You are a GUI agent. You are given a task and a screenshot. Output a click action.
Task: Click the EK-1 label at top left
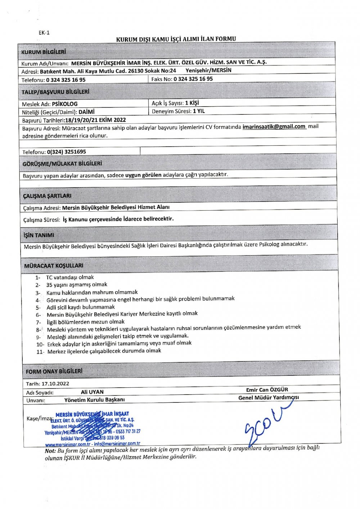click(44, 32)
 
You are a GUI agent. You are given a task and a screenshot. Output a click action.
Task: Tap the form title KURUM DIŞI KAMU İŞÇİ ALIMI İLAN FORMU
click(176, 39)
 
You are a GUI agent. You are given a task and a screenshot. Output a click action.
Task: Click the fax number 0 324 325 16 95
click(193, 79)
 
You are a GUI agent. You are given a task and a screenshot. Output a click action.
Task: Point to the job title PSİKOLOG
click(65, 104)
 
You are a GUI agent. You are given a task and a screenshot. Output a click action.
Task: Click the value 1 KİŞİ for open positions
click(192, 103)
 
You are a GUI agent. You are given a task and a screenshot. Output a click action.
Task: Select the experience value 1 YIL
click(199, 111)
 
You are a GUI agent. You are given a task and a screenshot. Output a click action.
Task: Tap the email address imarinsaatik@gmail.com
click(274, 127)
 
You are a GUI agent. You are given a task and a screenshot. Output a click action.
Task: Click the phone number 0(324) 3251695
click(67, 152)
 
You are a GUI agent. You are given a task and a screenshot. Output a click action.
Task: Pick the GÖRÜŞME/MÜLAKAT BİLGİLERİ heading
click(62, 164)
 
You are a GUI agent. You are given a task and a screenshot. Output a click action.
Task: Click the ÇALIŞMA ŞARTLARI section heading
click(47, 196)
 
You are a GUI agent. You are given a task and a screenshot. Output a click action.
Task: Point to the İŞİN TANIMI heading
click(39, 235)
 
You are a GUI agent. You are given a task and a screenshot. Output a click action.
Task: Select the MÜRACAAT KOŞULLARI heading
click(54, 266)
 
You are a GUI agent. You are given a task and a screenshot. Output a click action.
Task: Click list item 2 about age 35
click(77, 285)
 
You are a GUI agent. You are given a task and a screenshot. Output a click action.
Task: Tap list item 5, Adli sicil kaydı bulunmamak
click(81, 307)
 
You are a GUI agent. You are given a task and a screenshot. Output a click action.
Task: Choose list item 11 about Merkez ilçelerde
click(104, 351)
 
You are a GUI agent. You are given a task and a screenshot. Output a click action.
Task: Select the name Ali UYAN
click(92, 392)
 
